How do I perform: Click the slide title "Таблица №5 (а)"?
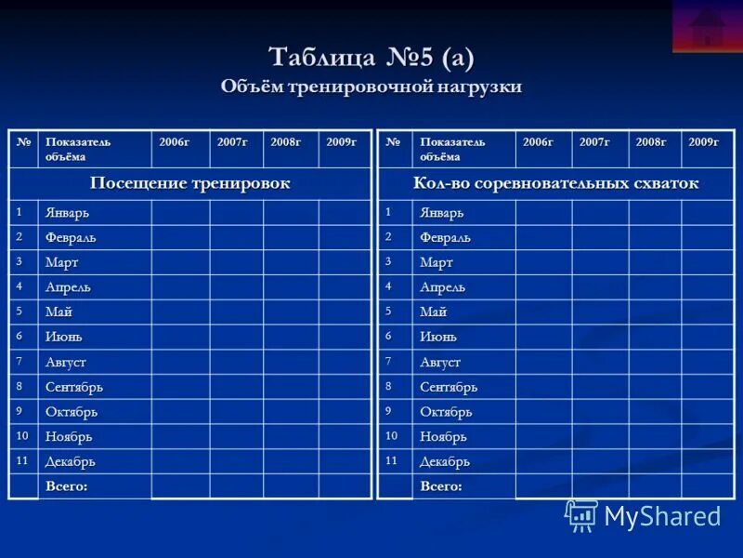(x=371, y=58)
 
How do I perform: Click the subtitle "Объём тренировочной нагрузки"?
(x=371, y=86)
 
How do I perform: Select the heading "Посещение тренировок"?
(x=189, y=183)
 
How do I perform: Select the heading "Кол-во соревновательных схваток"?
(x=555, y=183)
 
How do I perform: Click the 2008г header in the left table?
(x=286, y=142)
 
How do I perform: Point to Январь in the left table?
(x=68, y=213)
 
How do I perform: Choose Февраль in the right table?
(x=444, y=238)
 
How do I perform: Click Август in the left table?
(x=66, y=362)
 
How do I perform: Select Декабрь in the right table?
(x=445, y=461)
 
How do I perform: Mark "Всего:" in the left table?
(x=67, y=485)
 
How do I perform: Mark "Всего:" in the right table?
(x=441, y=485)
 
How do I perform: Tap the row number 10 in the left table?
(x=22, y=435)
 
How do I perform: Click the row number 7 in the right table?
(x=389, y=361)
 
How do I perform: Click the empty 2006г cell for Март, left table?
(x=180, y=262)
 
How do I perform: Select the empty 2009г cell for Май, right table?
(x=707, y=312)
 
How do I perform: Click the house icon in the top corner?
(x=708, y=26)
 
